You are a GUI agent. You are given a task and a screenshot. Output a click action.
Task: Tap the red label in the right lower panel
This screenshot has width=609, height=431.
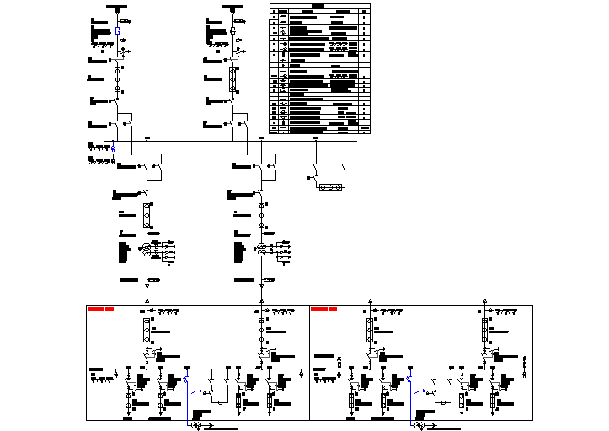point(323,310)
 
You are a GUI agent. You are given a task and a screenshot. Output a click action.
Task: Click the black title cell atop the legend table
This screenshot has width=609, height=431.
point(318,6)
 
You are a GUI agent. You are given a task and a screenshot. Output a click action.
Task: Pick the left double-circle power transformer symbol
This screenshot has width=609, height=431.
point(146,250)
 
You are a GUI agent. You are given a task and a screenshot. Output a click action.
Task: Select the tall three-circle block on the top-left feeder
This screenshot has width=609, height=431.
point(117,80)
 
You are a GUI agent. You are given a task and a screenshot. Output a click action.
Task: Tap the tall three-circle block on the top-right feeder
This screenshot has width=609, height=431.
point(232,80)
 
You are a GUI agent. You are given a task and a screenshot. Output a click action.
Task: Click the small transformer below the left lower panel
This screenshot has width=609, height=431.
point(196,426)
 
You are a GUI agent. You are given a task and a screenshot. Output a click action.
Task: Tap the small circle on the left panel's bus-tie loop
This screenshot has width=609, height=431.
point(222,403)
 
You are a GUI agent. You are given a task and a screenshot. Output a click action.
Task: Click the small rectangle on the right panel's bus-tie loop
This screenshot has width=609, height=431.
point(445,403)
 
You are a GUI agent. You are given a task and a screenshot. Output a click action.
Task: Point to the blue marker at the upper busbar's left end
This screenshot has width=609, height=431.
point(114,148)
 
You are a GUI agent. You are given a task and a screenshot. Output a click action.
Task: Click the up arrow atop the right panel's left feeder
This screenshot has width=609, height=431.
point(370,299)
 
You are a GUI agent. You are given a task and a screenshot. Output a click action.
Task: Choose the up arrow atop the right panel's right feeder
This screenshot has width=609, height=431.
point(484,299)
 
